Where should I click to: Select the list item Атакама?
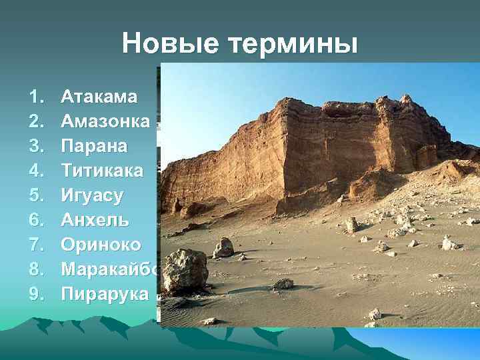(99, 97)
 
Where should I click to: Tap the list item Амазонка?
(105, 121)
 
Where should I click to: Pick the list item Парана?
(94, 146)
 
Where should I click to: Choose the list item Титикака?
(101, 171)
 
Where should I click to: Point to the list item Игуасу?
(92, 195)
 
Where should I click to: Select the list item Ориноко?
(101, 245)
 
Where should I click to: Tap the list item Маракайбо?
(110, 269)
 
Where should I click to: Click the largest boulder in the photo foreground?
(185, 271)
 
